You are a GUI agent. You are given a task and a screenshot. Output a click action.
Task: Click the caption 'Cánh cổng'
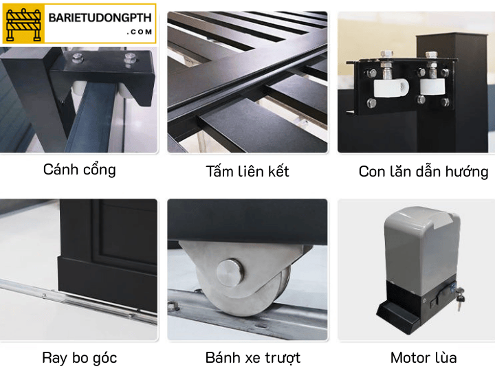point(79,169)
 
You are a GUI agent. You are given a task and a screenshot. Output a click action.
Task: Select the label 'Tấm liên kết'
point(247,171)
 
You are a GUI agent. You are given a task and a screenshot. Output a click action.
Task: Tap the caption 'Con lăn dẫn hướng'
point(423,171)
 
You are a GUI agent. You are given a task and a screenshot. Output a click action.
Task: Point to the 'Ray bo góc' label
point(79,357)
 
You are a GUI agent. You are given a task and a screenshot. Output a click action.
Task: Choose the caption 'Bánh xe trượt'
point(252,357)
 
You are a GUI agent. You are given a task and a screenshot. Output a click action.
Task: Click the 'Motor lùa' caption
point(423,357)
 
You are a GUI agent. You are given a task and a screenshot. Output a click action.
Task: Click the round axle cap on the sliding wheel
point(230,273)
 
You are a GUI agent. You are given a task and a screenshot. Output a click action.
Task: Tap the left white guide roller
point(390,86)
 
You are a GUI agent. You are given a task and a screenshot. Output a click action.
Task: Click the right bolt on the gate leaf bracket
point(128,63)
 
